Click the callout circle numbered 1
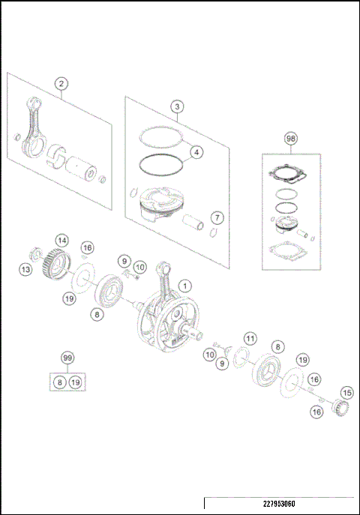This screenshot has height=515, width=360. pyautogui.click(x=185, y=285)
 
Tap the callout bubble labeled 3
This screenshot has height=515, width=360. pyautogui.click(x=175, y=106)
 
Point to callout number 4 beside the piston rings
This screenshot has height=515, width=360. pyautogui.click(x=195, y=152)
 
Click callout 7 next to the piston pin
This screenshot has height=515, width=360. pyautogui.click(x=216, y=217)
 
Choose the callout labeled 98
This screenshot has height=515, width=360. pyautogui.click(x=290, y=139)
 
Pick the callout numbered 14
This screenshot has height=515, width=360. pyautogui.click(x=62, y=241)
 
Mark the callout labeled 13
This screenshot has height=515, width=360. pyautogui.click(x=26, y=268)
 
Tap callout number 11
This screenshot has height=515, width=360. pyautogui.click(x=250, y=338)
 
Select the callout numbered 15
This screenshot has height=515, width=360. pyautogui.click(x=346, y=392)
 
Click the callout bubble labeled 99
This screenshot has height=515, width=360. pyautogui.click(x=67, y=361)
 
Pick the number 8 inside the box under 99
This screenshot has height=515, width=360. pyautogui.click(x=59, y=382)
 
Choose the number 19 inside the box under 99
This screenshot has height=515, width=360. pyautogui.click(x=75, y=382)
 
